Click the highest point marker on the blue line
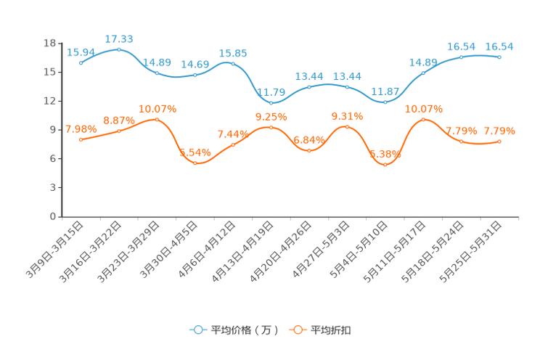119,49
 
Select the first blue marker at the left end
81,63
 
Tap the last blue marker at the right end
499,57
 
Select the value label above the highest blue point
119,38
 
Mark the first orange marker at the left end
81,139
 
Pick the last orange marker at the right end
499,141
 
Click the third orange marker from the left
157,119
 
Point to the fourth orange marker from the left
195,163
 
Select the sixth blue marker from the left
271,103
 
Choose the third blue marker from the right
423,73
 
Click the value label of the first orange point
81,128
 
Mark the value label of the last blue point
499,46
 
